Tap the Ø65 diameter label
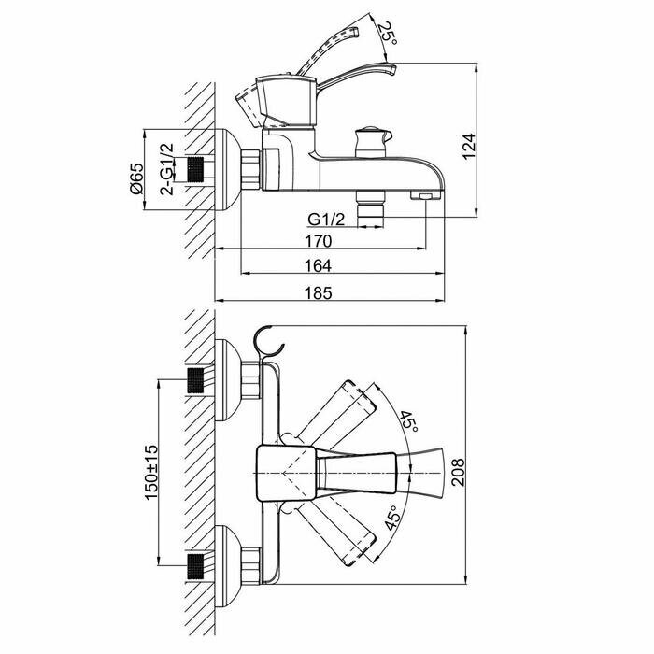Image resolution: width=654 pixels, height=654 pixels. click(x=136, y=178)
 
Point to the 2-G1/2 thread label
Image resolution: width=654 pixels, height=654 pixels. click(x=168, y=169)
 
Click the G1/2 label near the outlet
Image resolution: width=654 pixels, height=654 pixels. click(x=327, y=220)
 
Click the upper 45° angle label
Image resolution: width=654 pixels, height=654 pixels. click(x=407, y=422)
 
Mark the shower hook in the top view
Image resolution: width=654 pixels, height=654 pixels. click(x=268, y=342)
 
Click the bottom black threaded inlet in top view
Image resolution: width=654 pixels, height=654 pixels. click(x=196, y=565)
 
